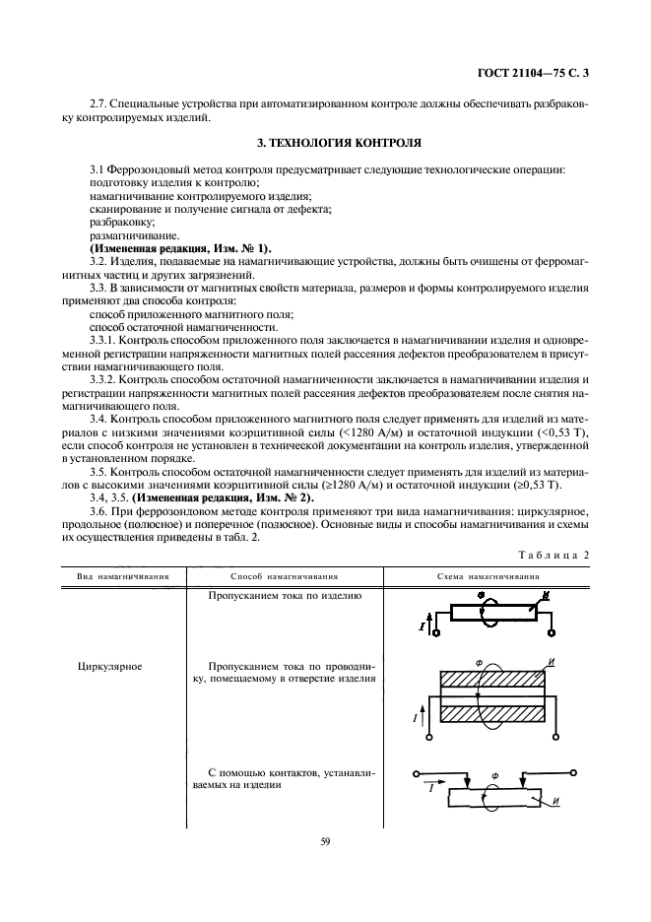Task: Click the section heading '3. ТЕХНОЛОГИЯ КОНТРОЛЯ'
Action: pos(325,143)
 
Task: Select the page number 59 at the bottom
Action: pos(324,841)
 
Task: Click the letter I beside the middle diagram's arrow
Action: pos(415,719)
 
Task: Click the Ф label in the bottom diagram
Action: pos(494,776)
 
